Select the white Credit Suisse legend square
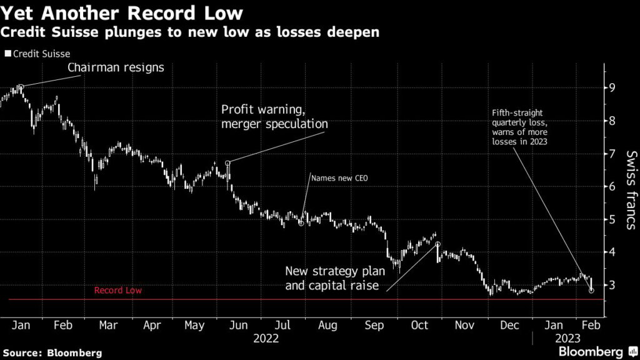click(7, 54)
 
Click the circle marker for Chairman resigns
click(21, 87)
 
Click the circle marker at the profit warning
click(228, 163)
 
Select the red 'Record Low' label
click(118, 291)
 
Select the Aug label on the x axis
click(327, 325)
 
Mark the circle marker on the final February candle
click(591, 291)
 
